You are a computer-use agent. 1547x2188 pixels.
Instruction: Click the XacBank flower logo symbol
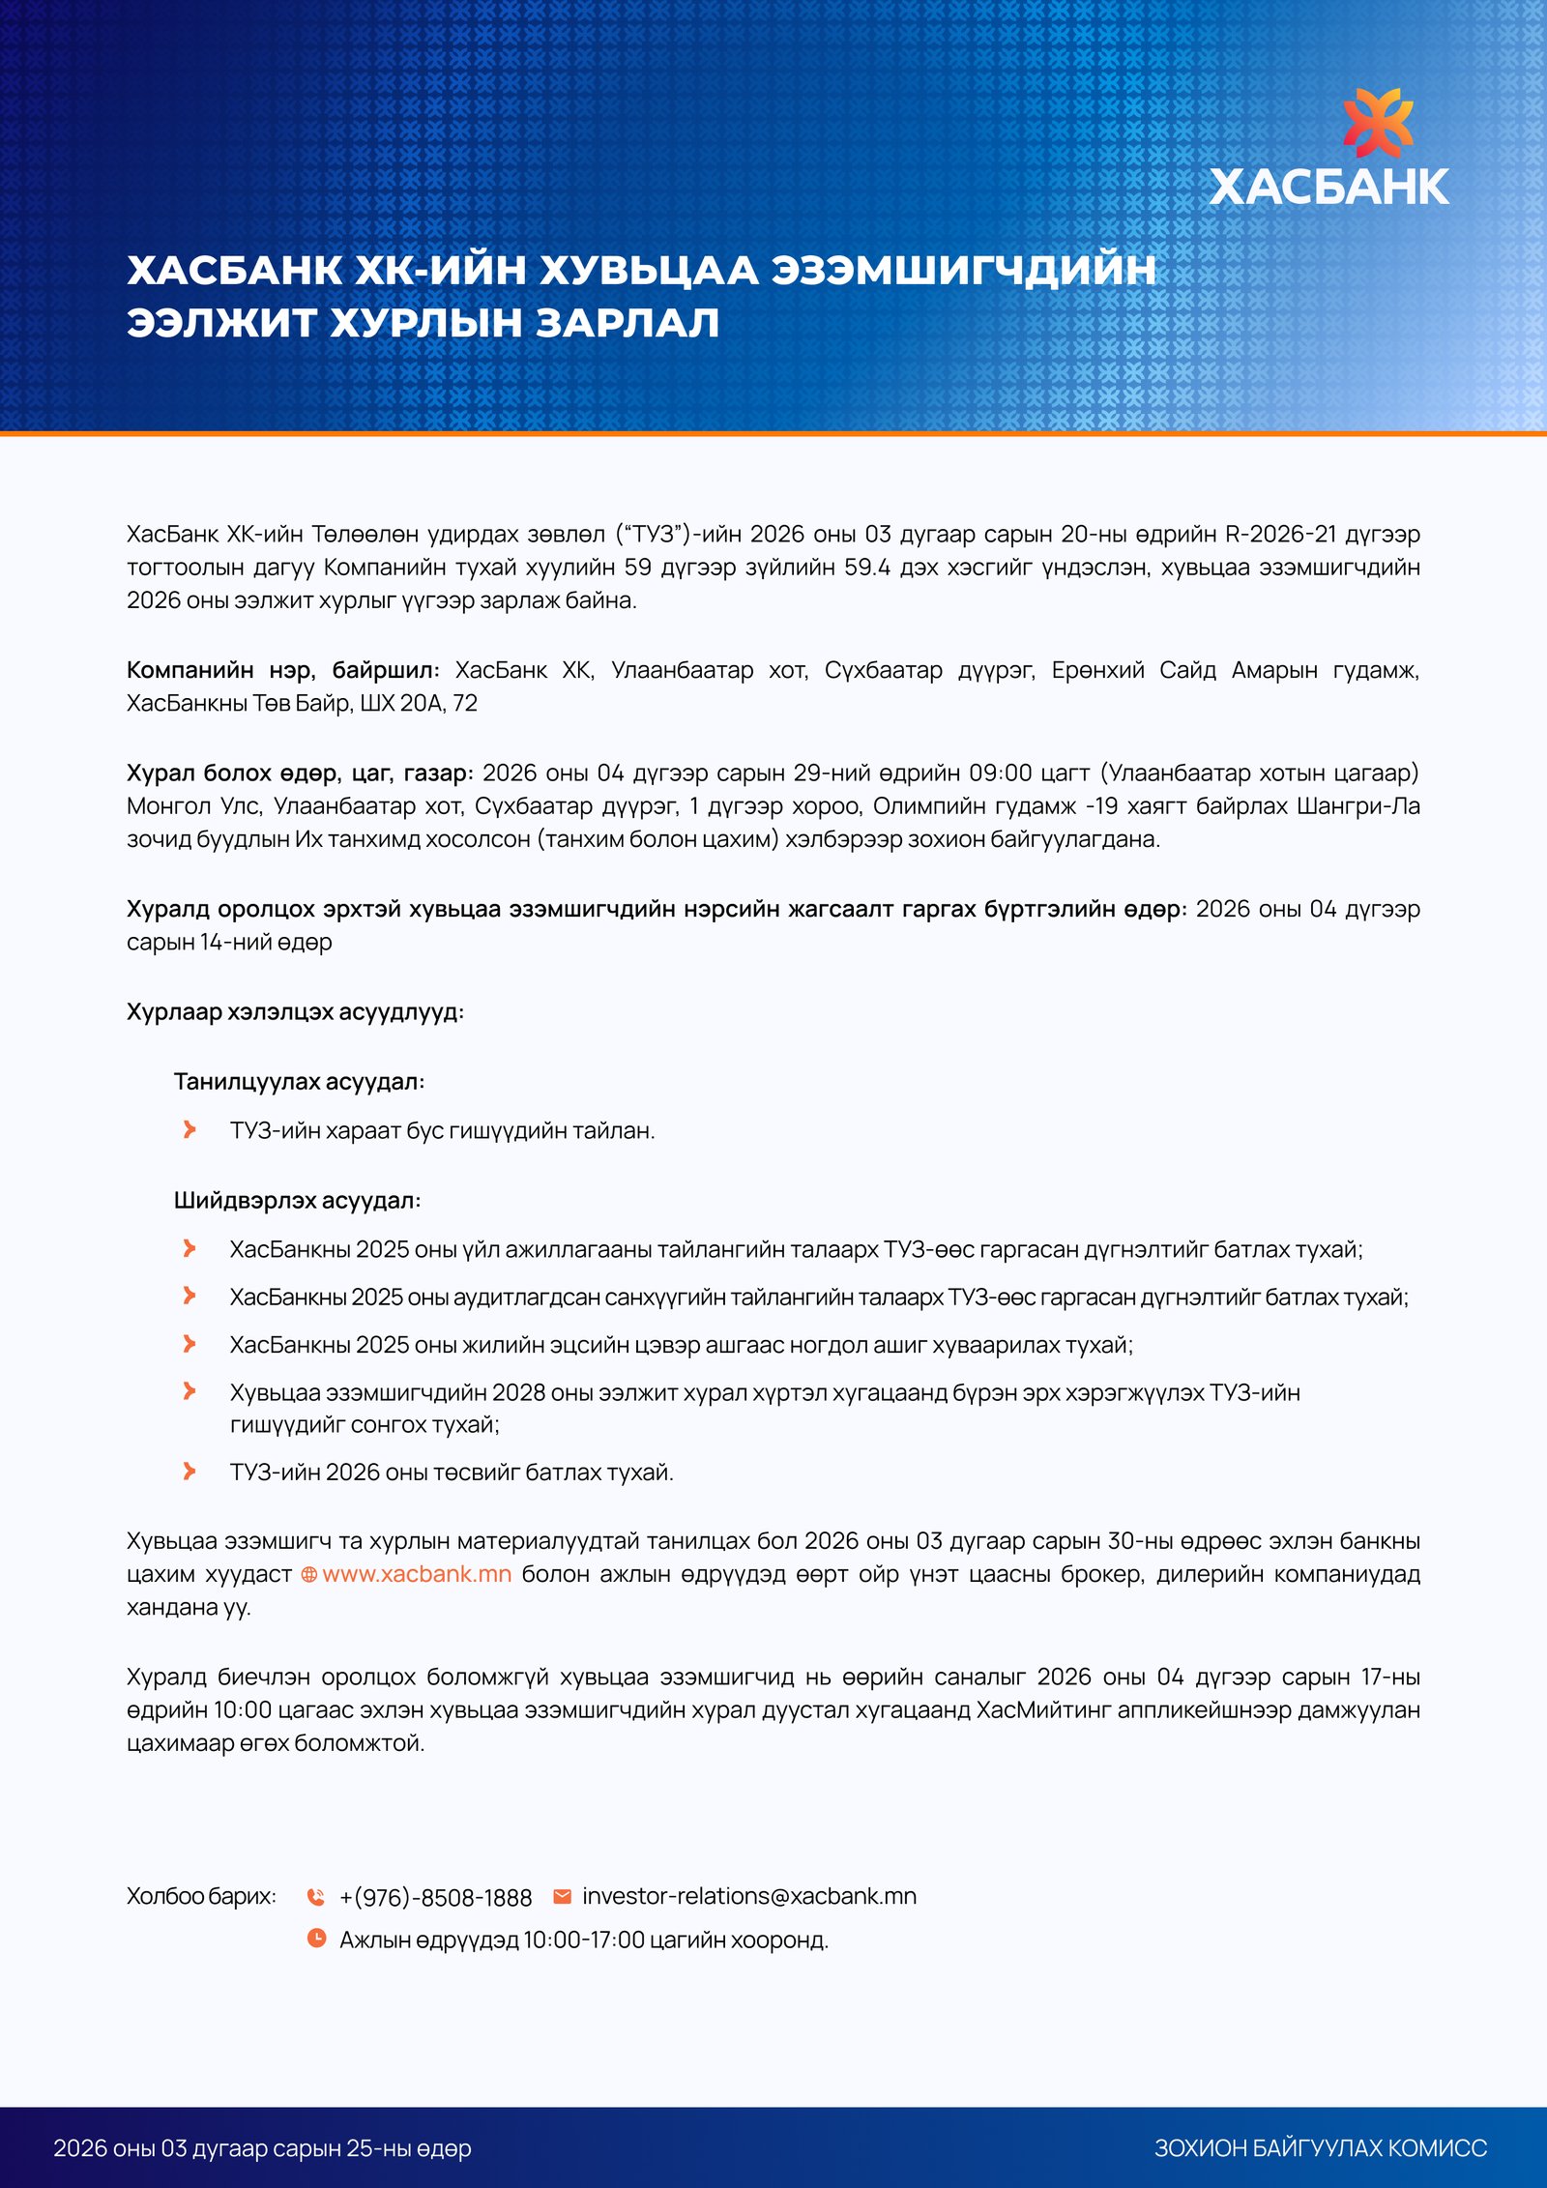[x=1377, y=122]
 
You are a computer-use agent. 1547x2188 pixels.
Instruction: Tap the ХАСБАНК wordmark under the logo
[x=1328, y=187]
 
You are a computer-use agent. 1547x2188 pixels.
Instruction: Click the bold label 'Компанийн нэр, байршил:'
[x=282, y=670]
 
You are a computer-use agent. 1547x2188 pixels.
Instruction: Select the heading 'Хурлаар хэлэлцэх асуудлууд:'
[x=295, y=1011]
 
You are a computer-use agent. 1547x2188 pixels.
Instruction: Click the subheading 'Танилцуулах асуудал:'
[x=299, y=1081]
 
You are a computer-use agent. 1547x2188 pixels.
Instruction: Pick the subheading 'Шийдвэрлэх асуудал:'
[x=297, y=1200]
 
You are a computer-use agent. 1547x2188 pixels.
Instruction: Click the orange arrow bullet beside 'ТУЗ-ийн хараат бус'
[x=190, y=1129]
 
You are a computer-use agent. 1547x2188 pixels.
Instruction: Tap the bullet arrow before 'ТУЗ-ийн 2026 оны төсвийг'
[x=190, y=1471]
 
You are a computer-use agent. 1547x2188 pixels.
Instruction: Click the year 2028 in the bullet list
[x=518, y=1392]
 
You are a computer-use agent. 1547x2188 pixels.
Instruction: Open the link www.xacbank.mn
[x=416, y=1574]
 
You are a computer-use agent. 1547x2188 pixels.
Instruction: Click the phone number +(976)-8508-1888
[x=435, y=1898]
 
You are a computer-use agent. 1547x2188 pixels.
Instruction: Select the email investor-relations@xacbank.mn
[x=748, y=1896]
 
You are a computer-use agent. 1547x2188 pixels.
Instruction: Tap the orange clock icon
[x=316, y=1938]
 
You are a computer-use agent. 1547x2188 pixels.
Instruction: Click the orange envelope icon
[x=562, y=1896]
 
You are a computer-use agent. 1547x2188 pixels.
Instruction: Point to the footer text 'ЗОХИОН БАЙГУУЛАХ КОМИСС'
[x=1320, y=2148]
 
